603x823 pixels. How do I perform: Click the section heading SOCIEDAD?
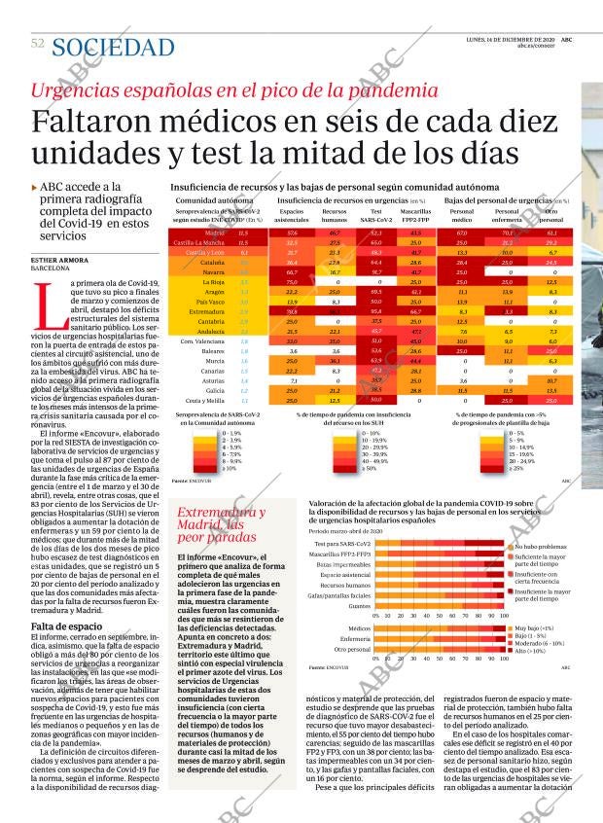pyautogui.click(x=115, y=47)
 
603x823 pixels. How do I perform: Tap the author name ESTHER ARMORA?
pyautogui.click(x=59, y=259)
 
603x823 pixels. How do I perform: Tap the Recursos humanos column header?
pyautogui.click(x=335, y=215)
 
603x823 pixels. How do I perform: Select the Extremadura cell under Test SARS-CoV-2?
pyautogui.click(x=376, y=311)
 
